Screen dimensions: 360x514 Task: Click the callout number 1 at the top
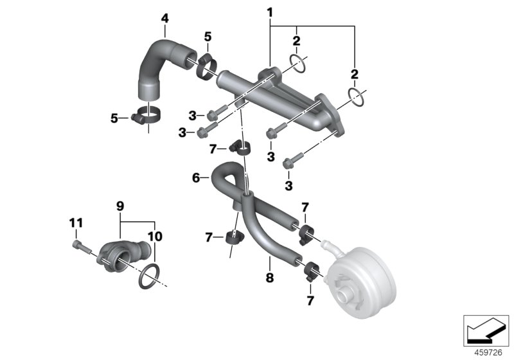point(270,12)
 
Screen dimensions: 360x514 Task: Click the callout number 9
point(120,206)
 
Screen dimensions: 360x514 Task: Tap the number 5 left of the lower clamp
point(114,118)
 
